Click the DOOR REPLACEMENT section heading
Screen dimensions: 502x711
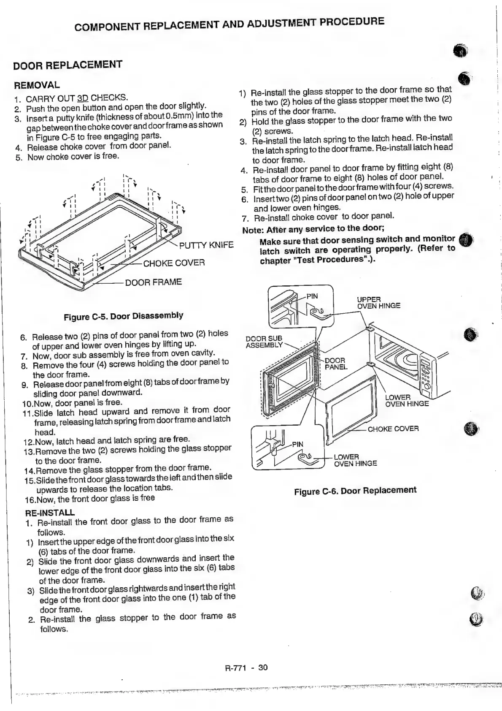pyautogui.click(x=67, y=65)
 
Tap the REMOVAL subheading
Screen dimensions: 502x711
pyautogui.click(x=37, y=85)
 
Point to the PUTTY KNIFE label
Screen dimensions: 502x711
pyautogui.click(x=206, y=245)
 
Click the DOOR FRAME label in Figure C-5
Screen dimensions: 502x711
pyautogui.click(x=154, y=282)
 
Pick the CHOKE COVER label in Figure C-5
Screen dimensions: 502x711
pyautogui.click(x=174, y=263)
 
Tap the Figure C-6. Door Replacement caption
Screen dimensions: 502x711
pyautogui.click(x=355, y=491)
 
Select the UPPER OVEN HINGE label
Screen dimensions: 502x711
pyautogui.click(x=378, y=303)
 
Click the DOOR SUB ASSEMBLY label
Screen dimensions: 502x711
pyautogui.click(x=264, y=342)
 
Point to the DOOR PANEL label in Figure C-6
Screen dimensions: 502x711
pyautogui.click(x=335, y=364)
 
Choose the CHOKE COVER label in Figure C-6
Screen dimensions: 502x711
pyautogui.click(x=393, y=429)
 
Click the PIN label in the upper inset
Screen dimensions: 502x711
pyautogui.click(x=312, y=296)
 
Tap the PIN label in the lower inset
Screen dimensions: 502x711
pyautogui.click(x=297, y=444)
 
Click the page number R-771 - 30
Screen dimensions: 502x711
pyautogui.click(x=246, y=668)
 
